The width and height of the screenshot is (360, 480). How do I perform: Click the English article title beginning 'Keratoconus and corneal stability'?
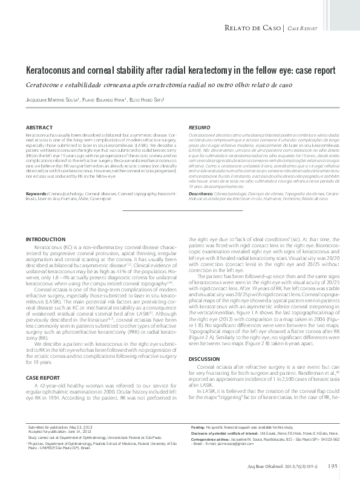[180, 70]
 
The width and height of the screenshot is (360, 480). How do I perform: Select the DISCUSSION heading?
[204, 358]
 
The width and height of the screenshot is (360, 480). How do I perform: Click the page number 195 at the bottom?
[332, 466]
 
